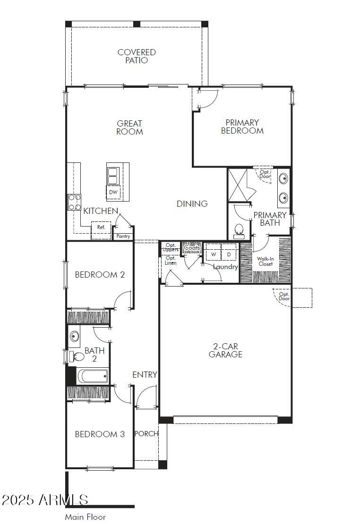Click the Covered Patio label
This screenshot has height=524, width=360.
137,56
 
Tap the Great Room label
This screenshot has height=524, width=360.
129,127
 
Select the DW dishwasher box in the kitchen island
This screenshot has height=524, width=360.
113,192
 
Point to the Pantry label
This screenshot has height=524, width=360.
123,236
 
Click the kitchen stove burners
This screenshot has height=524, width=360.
75,202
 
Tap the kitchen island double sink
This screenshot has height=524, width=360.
113,176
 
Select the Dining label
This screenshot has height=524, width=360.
192,203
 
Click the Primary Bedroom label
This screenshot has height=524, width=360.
242,127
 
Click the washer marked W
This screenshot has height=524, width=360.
214,254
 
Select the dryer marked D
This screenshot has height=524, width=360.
229,254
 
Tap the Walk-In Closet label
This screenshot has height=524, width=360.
266,262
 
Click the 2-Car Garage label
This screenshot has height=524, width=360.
225,350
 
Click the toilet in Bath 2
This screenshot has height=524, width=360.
77,356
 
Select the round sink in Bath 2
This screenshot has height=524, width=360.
74,336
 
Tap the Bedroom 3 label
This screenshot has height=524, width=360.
100,434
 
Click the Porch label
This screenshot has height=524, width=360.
146,433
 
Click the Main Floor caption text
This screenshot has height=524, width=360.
86,516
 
